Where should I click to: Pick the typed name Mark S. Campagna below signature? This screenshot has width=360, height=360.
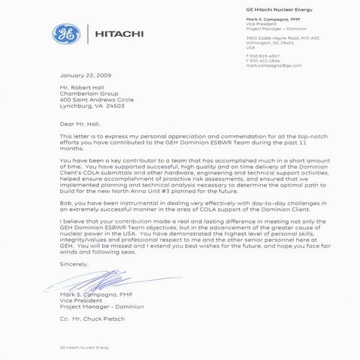point(89,294)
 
